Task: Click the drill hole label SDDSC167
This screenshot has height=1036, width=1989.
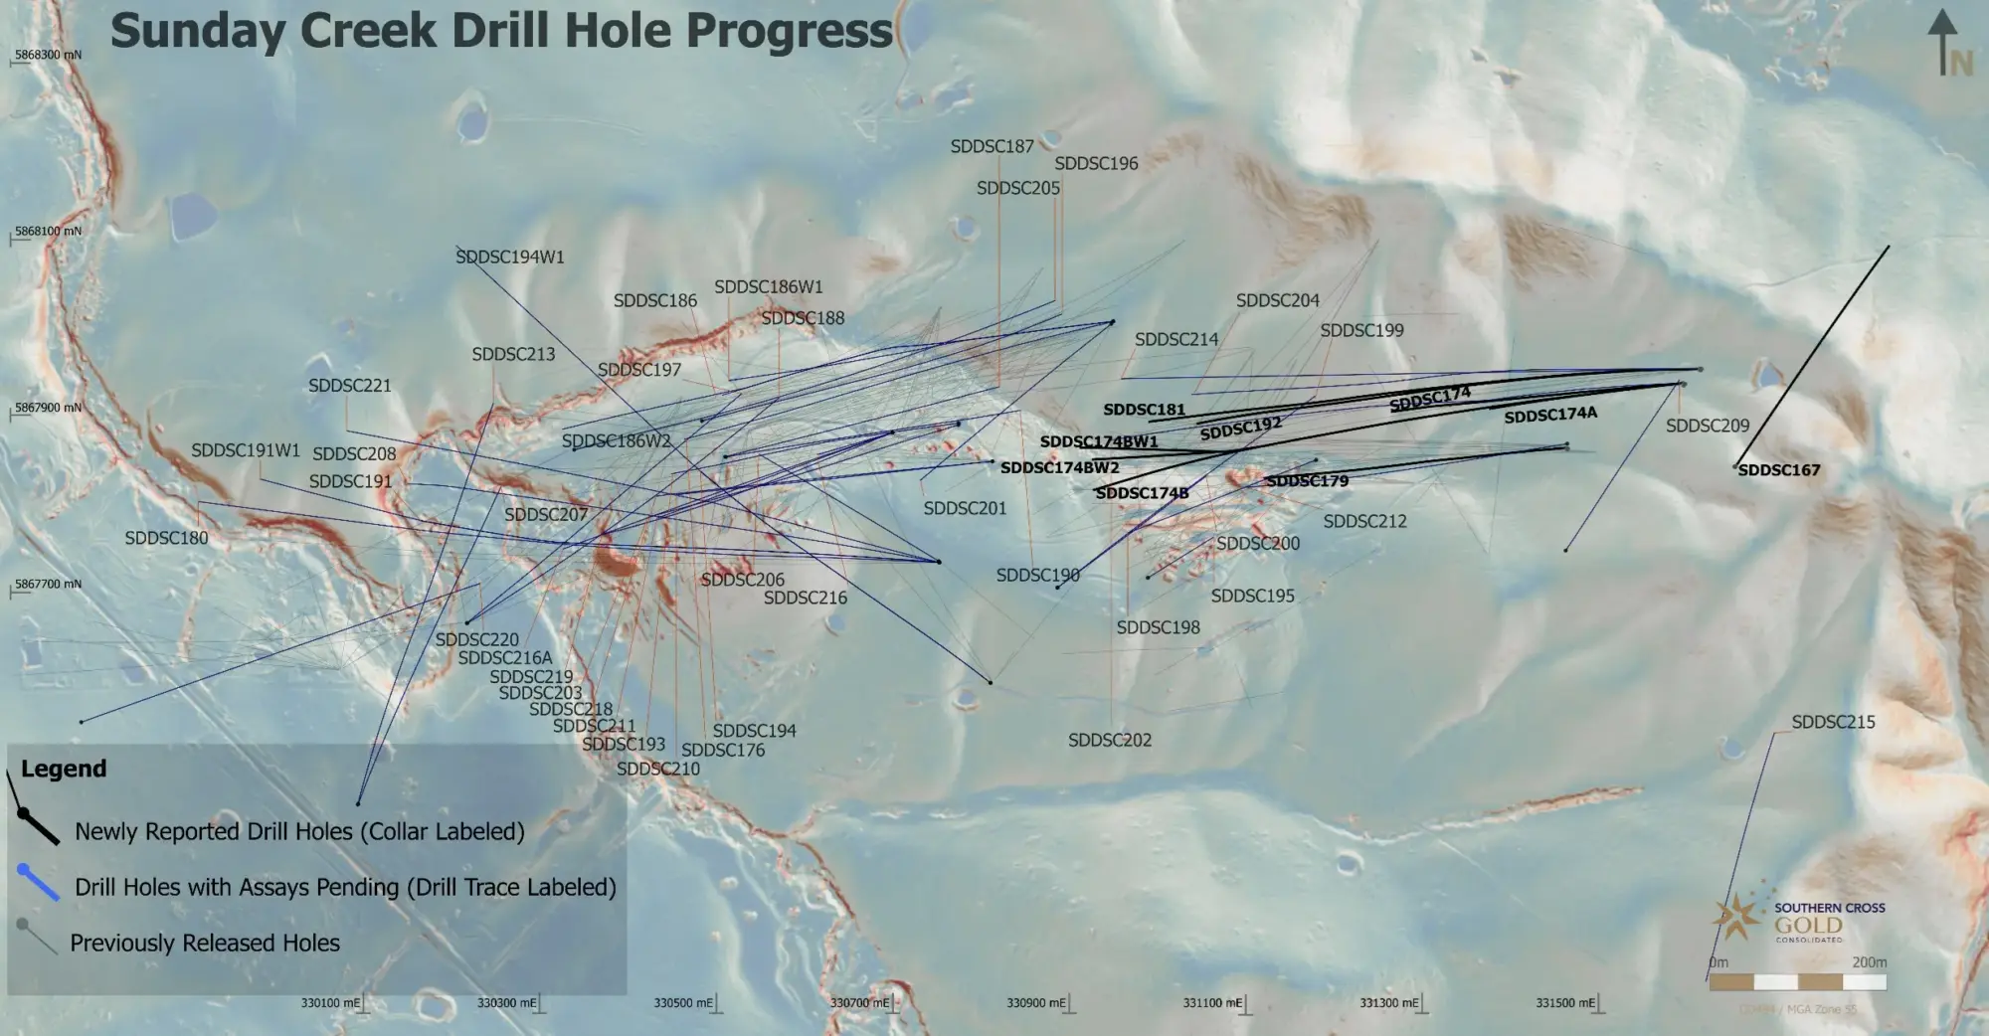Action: point(1778,470)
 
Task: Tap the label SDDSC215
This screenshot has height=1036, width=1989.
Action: point(1833,723)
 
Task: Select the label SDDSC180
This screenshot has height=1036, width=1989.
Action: point(166,538)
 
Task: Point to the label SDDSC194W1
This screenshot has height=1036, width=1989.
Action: point(510,258)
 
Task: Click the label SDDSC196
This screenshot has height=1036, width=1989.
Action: point(1096,164)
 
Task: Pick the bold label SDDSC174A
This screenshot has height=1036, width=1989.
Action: point(1550,415)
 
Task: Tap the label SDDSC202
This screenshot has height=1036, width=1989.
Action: point(1110,741)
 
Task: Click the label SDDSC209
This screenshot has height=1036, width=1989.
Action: point(1707,426)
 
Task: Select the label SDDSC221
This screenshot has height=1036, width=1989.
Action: point(349,386)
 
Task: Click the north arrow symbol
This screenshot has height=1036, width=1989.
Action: point(1943,45)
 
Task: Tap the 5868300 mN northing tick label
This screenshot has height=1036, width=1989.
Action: point(47,56)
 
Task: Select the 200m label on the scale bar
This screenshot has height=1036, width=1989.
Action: point(1869,962)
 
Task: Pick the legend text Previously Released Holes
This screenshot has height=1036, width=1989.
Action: point(205,944)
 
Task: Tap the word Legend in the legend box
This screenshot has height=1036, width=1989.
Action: point(64,770)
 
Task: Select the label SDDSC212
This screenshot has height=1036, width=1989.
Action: point(1364,522)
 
